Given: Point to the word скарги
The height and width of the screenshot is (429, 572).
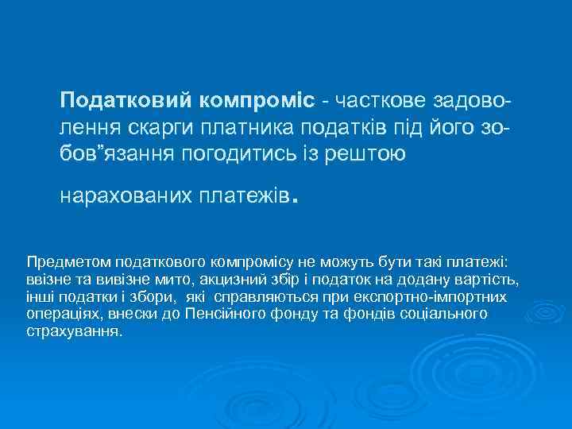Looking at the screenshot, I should tap(152, 127).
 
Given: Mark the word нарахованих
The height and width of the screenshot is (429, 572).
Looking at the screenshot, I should tap(122, 197).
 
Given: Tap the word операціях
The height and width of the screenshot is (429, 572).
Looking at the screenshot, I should tap(58, 315).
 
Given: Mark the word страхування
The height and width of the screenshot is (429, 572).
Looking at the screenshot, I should tap(73, 331).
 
